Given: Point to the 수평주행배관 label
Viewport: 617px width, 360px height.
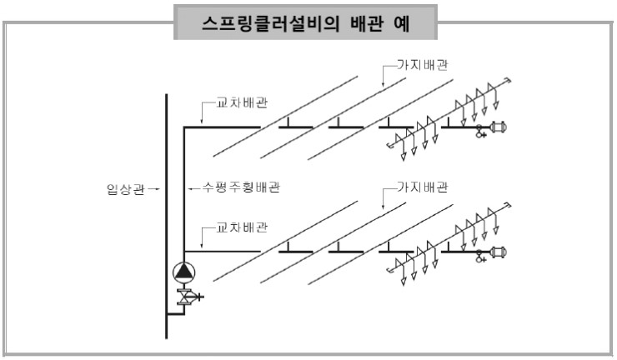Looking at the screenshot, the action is click(x=236, y=188).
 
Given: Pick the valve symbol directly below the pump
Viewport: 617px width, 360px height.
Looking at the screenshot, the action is click(x=183, y=295).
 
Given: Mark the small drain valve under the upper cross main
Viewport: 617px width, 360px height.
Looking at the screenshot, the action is click(x=480, y=132).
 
